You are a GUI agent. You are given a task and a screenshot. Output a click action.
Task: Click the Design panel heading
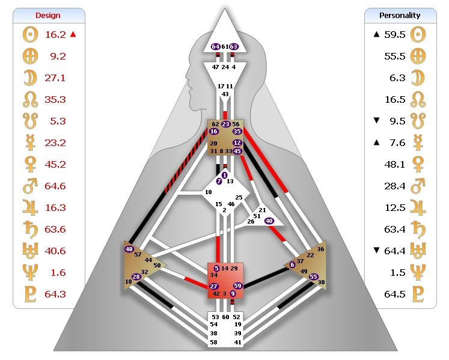coord(48,16)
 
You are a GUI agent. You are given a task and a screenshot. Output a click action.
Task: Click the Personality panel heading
coord(400,16)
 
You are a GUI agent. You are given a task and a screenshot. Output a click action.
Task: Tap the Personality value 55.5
coord(395,56)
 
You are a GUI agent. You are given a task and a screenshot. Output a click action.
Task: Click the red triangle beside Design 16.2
coord(73,34)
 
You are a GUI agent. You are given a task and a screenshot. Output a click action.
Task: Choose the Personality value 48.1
coord(395,164)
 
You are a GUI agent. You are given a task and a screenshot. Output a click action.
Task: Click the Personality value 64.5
coord(395,294)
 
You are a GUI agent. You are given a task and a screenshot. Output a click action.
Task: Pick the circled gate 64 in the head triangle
coord(216,46)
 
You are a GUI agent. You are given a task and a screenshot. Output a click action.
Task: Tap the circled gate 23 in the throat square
coord(225,124)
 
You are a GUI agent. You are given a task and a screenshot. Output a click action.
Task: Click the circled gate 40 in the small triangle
coord(269,221)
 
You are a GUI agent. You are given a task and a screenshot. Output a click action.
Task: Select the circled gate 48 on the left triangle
coord(129,249)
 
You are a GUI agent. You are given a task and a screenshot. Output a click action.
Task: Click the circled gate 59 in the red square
coord(238,286)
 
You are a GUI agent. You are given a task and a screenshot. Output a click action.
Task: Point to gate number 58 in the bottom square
coord(215,342)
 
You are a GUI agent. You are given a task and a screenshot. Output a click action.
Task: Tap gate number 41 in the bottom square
coord(237,342)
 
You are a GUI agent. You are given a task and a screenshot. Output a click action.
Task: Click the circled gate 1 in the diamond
coord(225,175)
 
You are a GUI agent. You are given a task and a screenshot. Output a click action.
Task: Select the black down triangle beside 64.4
coord(377,251)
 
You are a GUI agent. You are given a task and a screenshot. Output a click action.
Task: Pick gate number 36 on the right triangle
coord(320,249)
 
